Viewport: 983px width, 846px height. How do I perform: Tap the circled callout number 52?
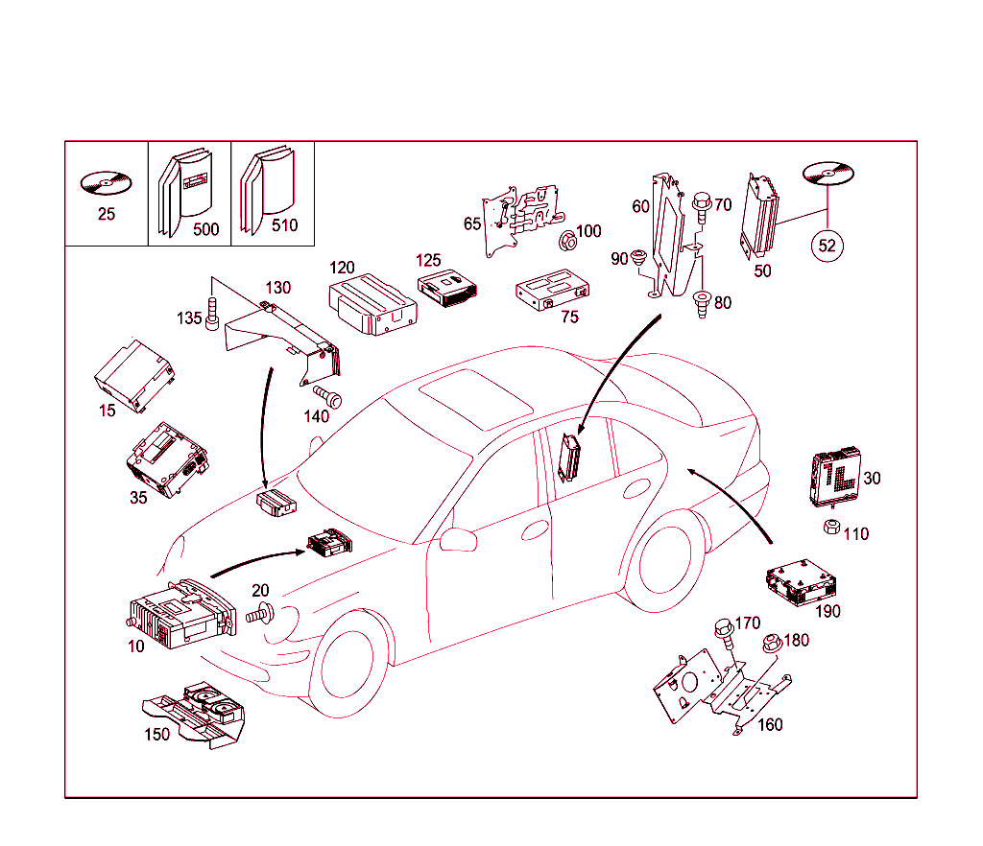click(x=827, y=246)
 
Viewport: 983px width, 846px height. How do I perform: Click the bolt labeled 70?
click(x=701, y=205)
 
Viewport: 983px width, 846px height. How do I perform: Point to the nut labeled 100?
click(x=567, y=240)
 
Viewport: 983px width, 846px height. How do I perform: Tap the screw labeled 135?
click(x=213, y=313)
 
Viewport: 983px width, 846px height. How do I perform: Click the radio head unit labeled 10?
click(x=179, y=614)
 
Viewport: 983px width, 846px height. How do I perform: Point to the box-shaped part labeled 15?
click(x=133, y=374)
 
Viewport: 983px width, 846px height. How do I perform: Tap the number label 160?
click(x=770, y=725)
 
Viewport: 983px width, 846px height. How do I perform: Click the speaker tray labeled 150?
click(x=197, y=715)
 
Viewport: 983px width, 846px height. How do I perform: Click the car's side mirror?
click(x=458, y=538)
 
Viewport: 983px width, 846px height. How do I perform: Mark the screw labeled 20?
click(x=261, y=614)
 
